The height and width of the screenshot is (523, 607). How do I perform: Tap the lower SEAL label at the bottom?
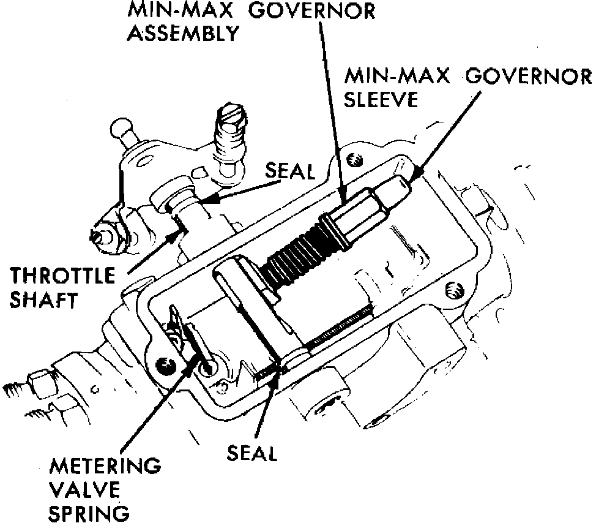pyautogui.click(x=251, y=454)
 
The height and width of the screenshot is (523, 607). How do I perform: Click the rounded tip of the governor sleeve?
pyautogui.click(x=401, y=183)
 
